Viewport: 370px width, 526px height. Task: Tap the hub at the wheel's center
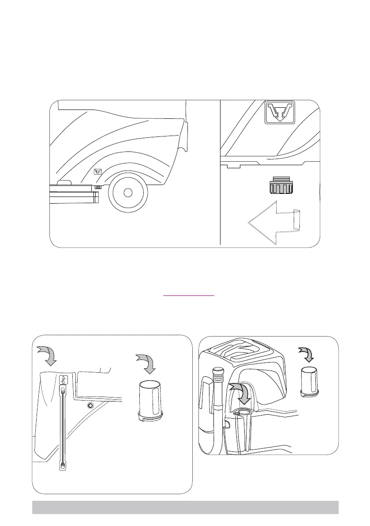(x=127, y=193)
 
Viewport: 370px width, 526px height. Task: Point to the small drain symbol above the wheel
(x=97, y=172)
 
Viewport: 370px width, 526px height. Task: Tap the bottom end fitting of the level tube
(x=63, y=465)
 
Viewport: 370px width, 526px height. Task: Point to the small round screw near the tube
(x=90, y=405)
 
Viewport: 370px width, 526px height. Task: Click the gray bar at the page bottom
(x=185, y=507)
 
